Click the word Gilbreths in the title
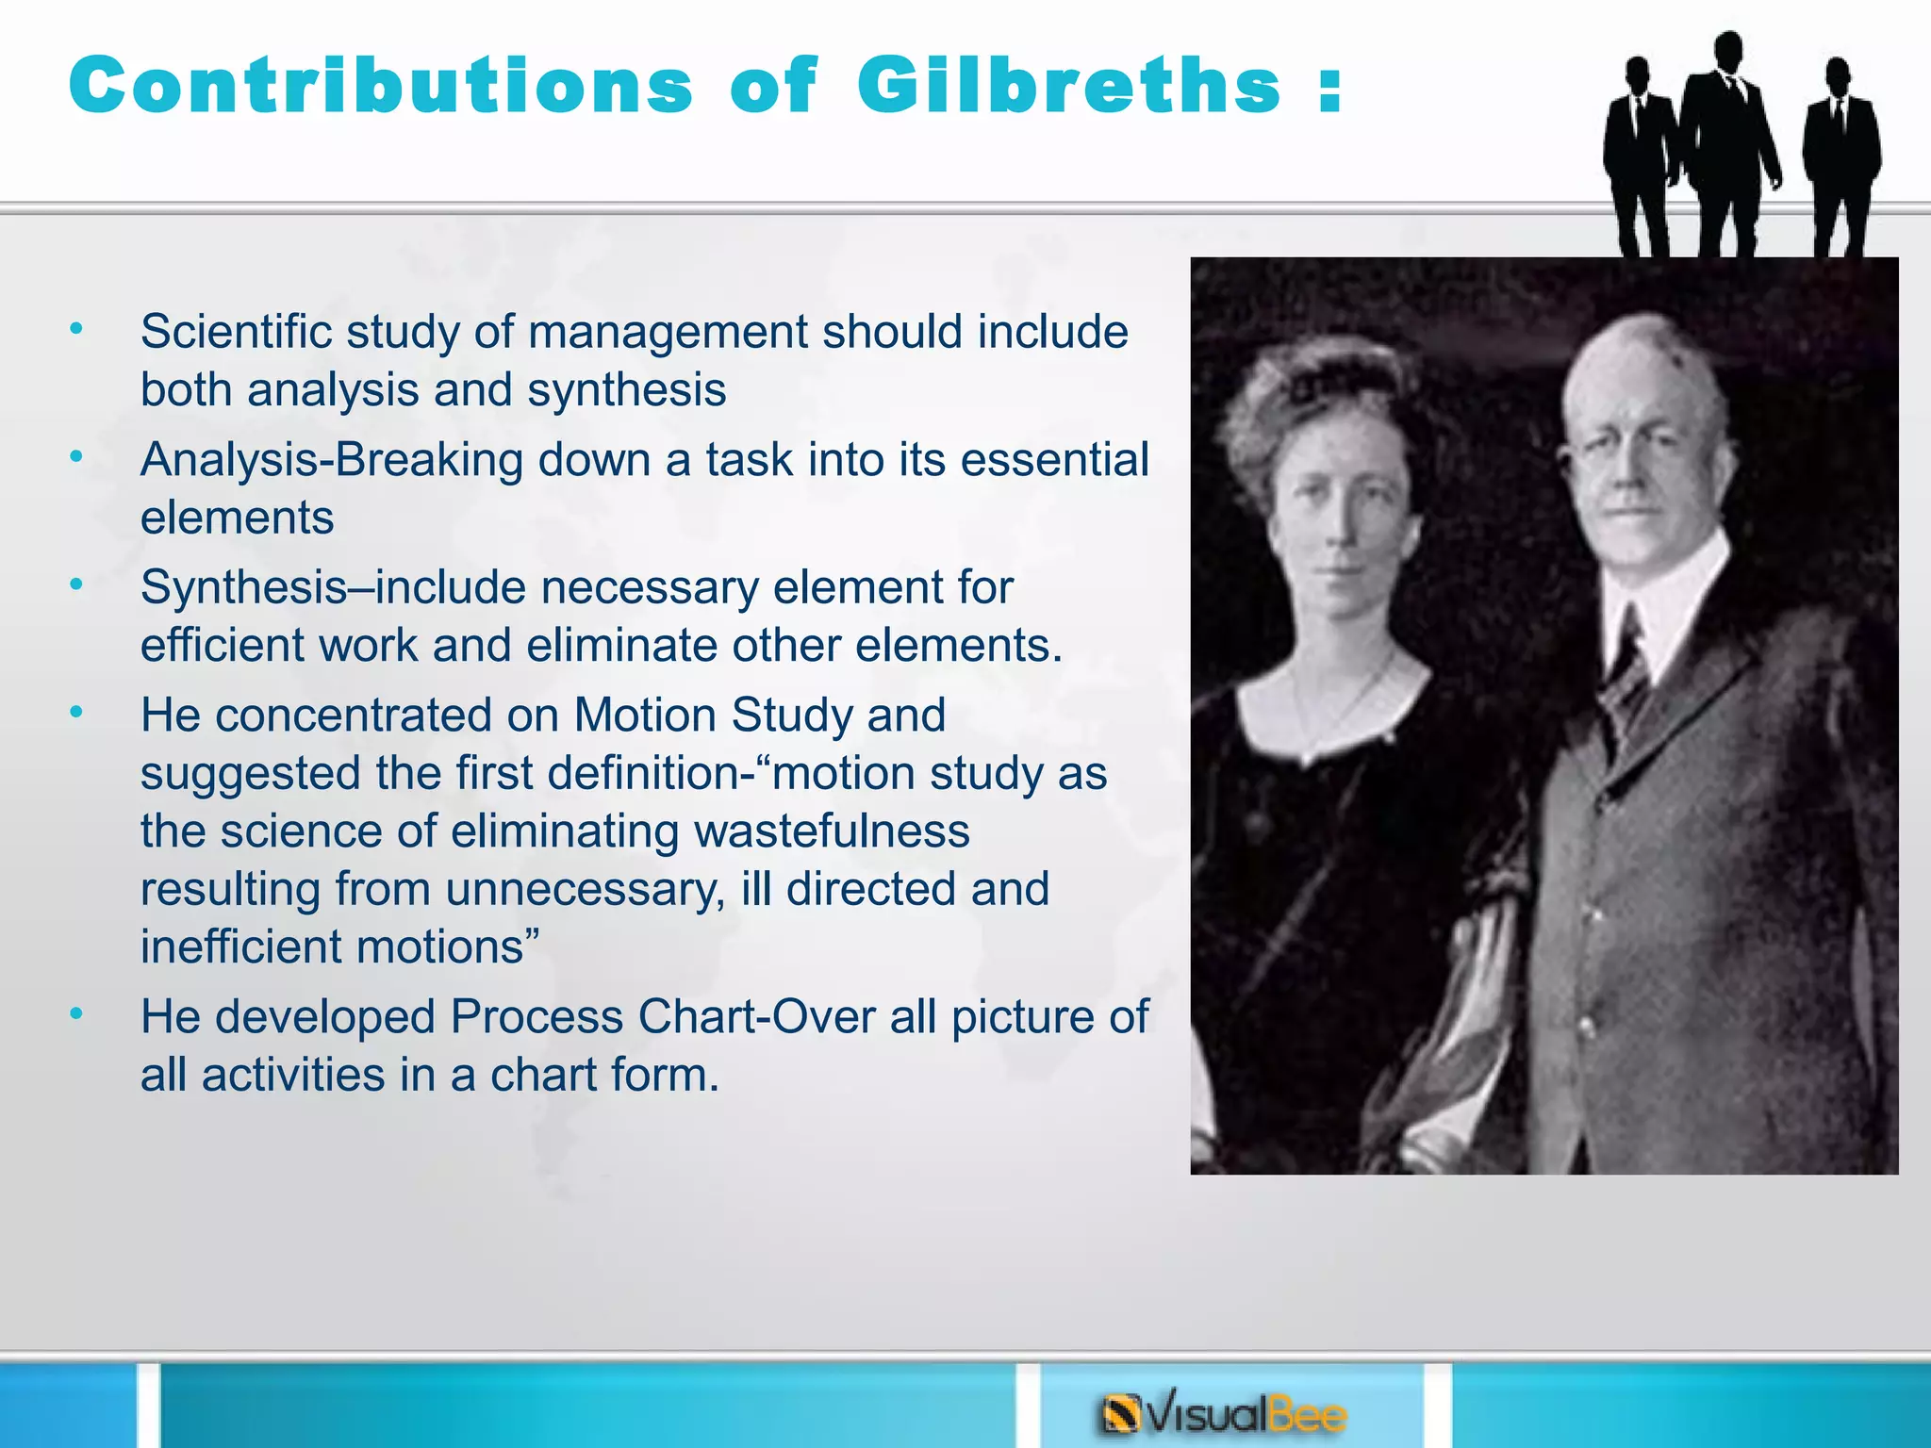1068,86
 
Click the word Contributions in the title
381,86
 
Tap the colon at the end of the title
1329,90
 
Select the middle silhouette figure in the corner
1728,141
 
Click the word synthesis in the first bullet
626,390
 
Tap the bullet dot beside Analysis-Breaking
76,457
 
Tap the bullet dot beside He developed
76,1014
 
